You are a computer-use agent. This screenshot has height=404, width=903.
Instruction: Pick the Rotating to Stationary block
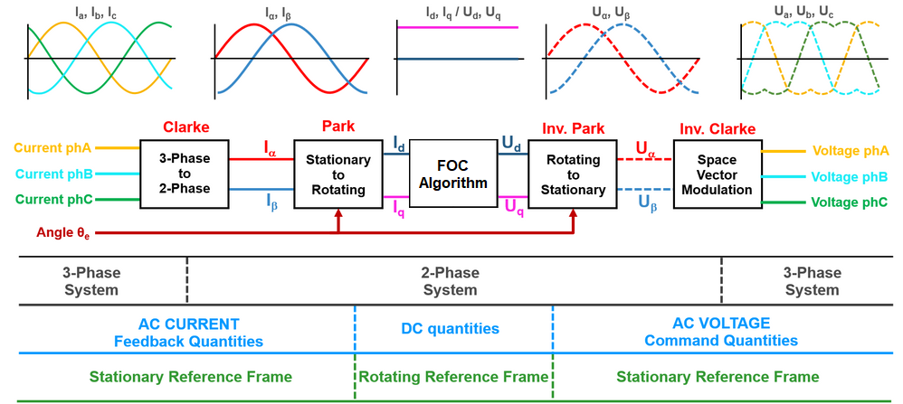pyautogui.click(x=573, y=174)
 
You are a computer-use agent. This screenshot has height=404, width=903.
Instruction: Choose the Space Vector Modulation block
pyautogui.click(x=718, y=174)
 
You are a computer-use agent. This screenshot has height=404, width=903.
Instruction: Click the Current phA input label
pyautogui.click(x=51, y=146)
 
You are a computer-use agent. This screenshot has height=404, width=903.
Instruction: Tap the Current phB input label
pyautogui.click(x=51, y=173)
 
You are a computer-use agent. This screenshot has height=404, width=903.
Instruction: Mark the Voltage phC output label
pyautogui.click(x=850, y=202)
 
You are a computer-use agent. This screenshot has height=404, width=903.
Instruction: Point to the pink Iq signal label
pyautogui.click(x=399, y=210)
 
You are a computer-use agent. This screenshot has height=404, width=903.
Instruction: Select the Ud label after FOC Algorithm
pyautogui.click(x=512, y=143)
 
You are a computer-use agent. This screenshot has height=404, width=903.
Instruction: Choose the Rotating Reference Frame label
pyautogui.click(x=453, y=376)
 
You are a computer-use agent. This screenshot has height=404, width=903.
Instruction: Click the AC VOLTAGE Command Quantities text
pyautogui.click(x=721, y=332)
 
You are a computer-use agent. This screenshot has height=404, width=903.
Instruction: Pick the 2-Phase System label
pyautogui.click(x=450, y=281)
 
